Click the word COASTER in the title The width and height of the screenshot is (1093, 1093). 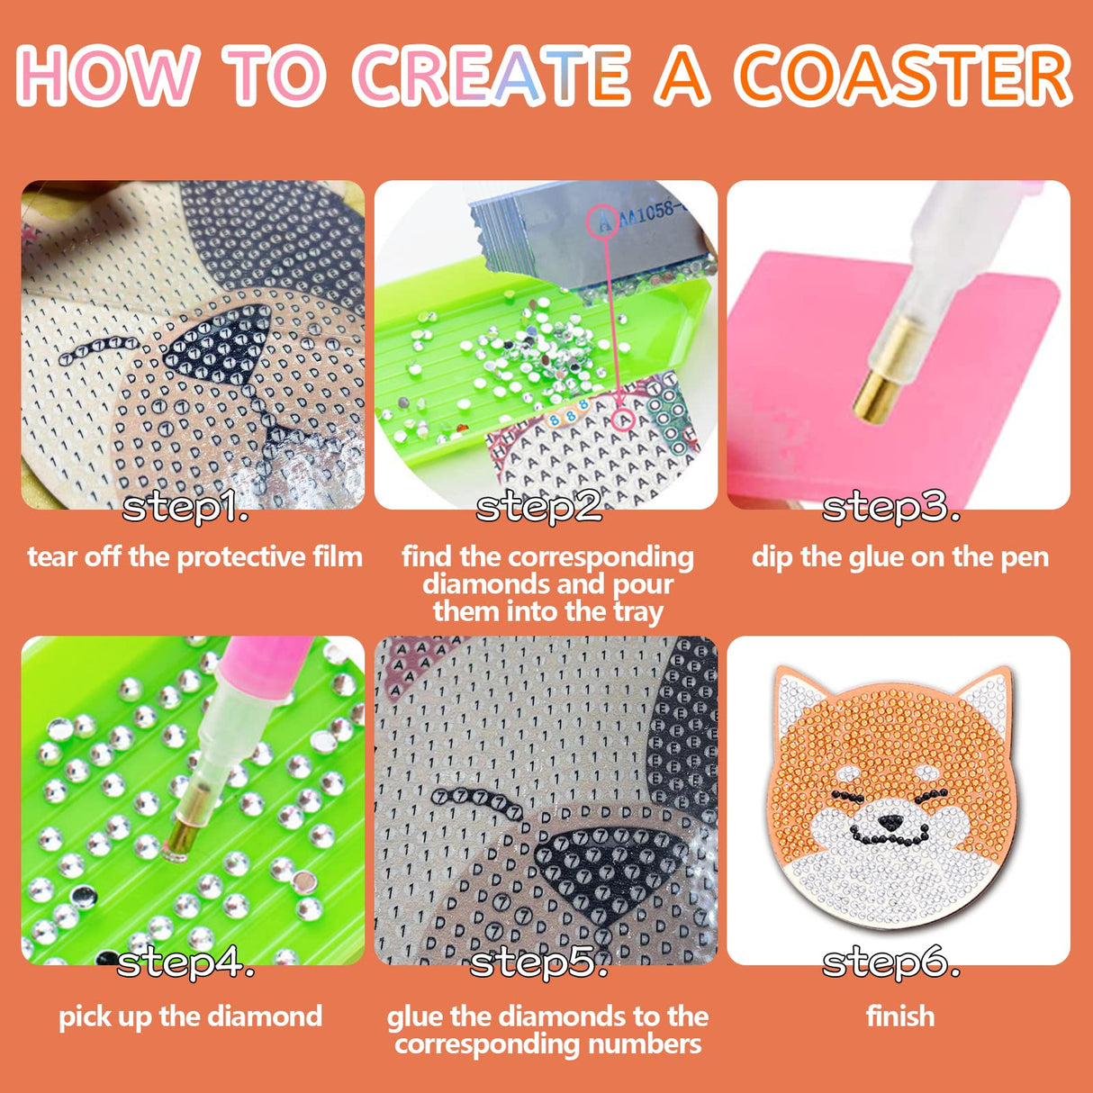point(903,76)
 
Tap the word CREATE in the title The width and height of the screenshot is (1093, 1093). point(492,76)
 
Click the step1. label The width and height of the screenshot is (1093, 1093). point(185,508)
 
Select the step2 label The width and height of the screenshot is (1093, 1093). point(538,508)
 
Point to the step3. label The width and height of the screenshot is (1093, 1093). point(890,508)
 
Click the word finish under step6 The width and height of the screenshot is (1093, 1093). point(899,1016)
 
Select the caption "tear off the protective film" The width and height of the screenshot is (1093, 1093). point(194,557)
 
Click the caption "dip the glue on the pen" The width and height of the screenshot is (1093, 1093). point(899,557)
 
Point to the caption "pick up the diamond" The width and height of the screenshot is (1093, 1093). point(190,1016)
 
